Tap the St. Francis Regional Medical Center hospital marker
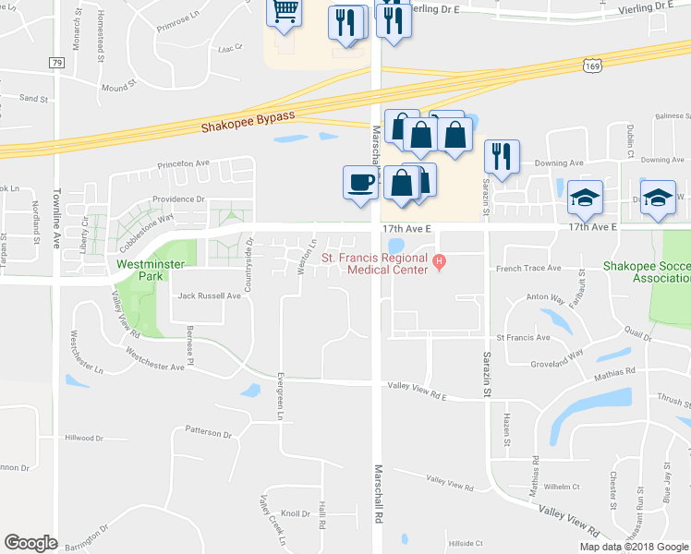[441, 260]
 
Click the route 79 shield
[56, 62]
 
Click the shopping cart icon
[285, 11]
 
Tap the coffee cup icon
[360, 181]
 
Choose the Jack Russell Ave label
[210, 296]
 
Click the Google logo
[30, 543]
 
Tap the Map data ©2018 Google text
[633, 547]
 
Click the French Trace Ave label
[528, 268]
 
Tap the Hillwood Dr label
[86, 438]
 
